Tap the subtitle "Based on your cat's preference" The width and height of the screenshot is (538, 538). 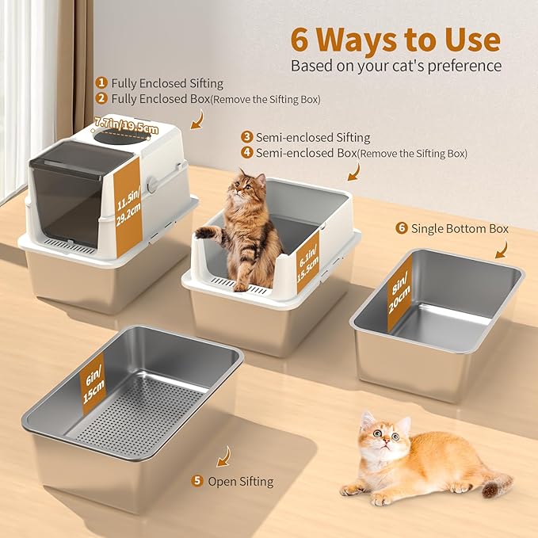(x=395, y=66)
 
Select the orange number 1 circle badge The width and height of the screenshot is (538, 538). (x=101, y=82)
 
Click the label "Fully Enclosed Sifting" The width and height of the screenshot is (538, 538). (x=167, y=83)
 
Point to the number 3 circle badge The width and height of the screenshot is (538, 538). (x=248, y=137)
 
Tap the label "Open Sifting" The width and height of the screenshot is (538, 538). (x=241, y=481)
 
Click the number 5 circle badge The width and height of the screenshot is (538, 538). (x=197, y=481)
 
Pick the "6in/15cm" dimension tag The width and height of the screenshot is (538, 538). (x=93, y=383)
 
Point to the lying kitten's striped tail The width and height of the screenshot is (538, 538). (x=493, y=483)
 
